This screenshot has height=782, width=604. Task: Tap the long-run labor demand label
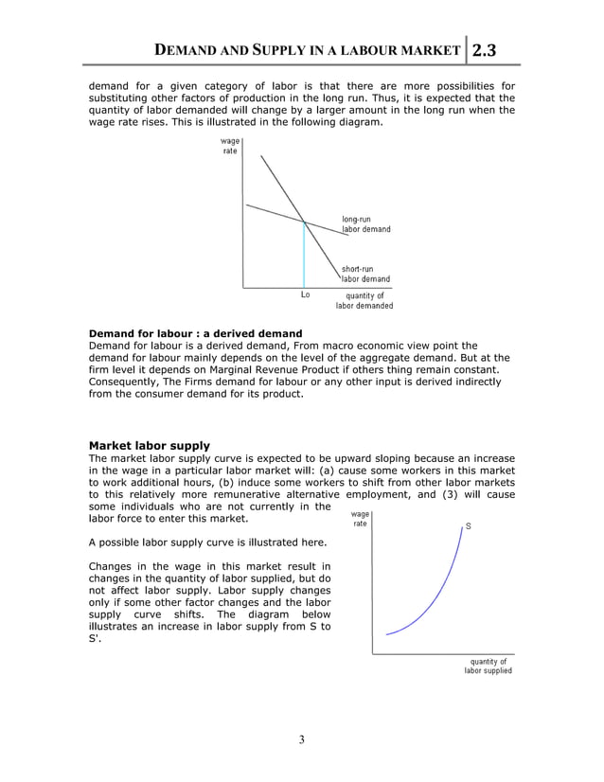pyautogui.click(x=365, y=224)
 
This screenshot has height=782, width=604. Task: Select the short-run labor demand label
pyautogui.click(x=365, y=274)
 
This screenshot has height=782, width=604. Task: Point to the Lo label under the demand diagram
pyautogui.click(x=304, y=294)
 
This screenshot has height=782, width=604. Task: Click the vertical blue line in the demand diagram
pyautogui.click(x=304, y=256)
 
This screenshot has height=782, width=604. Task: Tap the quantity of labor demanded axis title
pyautogui.click(x=364, y=300)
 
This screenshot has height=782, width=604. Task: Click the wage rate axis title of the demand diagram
pyautogui.click(x=230, y=147)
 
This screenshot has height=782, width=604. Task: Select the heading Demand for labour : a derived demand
pyautogui.click(x=195, y=333)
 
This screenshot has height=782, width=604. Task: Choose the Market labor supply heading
pyautogui.click(x=149, y=445)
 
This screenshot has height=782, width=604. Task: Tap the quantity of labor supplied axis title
pyautogui.click(x=488, y=666)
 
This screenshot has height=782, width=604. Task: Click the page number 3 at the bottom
pyautogui.click(x=301, y=739)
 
